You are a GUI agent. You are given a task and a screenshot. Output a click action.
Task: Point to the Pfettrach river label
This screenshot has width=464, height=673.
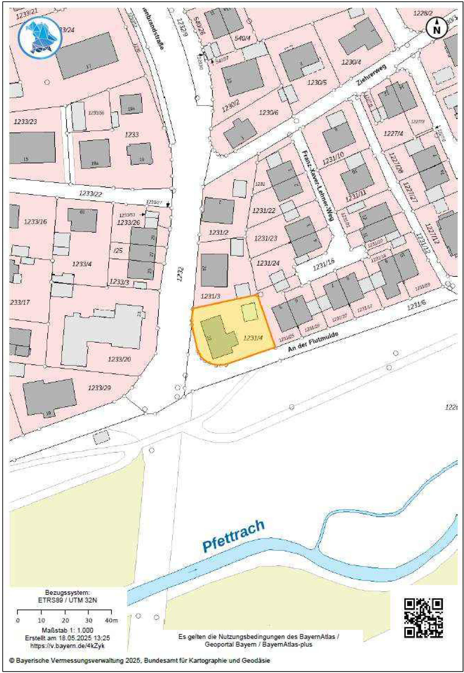click(x=233, y=535)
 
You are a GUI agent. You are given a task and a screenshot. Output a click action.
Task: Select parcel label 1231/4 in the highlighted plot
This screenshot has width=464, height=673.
click(x=253, y=338)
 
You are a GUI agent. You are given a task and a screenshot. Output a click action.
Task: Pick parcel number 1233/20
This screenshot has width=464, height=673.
click(x=119, y=359)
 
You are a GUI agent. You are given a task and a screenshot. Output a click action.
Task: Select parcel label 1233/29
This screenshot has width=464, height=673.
click(x=99, y=388)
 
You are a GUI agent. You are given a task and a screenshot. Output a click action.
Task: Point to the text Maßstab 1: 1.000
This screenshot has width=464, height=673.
click(x=67, y=630)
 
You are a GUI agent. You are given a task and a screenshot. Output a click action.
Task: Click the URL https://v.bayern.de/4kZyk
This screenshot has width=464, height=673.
click(x=67, y=646)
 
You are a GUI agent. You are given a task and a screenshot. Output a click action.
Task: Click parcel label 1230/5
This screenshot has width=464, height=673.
click(x=317, y=83)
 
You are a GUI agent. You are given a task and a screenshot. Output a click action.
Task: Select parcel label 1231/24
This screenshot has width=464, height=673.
click(x=268, y=263)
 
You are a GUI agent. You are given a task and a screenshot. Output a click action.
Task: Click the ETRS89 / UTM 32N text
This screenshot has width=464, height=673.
click(x=67, y=600)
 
